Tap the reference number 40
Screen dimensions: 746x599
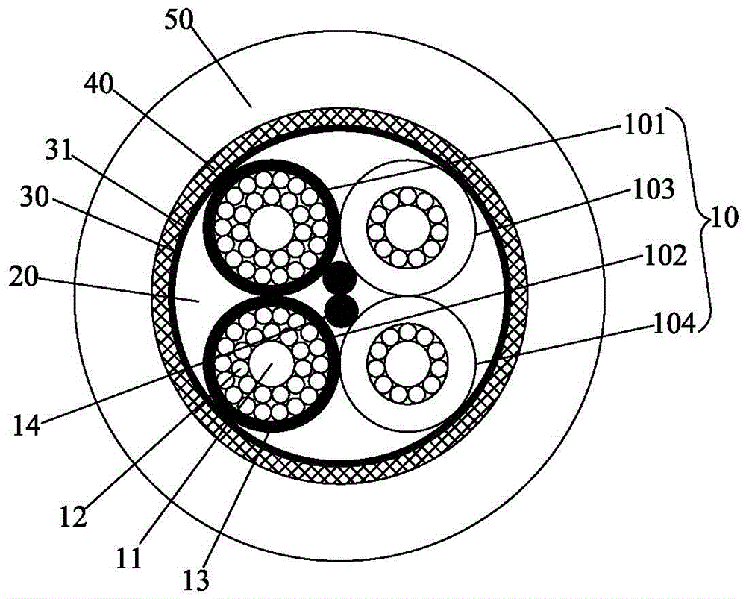pyautogui.click(x=99, y=86)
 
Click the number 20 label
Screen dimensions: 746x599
pyautogui.click(x=24, y=277)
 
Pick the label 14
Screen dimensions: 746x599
pyautogui.click(x=28, y=425)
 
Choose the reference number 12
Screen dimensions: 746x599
pyautogui.click(x=74, y=515)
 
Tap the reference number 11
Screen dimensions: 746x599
pyautogui.click(x=129, y=557)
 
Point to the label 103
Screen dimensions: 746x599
pyautogui.click(x=653, y=189)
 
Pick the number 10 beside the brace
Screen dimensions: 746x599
pyautogui.click(x=723, y=220)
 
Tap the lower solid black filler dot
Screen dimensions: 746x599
pyautogui.click(x=341, y=311)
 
